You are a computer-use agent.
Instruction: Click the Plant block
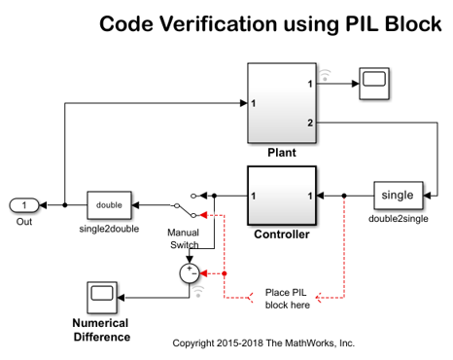click(x=280, y=102)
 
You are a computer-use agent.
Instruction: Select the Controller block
click(x=281, y=196)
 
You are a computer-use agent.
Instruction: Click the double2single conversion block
click(x=400, y=196)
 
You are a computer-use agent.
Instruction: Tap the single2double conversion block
click(x=109, y=205)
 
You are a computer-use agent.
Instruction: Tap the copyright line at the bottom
click(x=262, y=343)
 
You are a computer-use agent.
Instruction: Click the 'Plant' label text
click(x=280, y=153)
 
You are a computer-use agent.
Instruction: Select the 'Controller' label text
click(x=281, y=234)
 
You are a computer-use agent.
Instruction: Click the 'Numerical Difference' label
click(x=101, y=330)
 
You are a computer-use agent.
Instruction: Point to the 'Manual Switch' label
click(x=184, y=239)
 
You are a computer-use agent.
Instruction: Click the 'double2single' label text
click(x=399, y=219)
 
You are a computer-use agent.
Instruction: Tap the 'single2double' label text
click(x=109, y=230)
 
